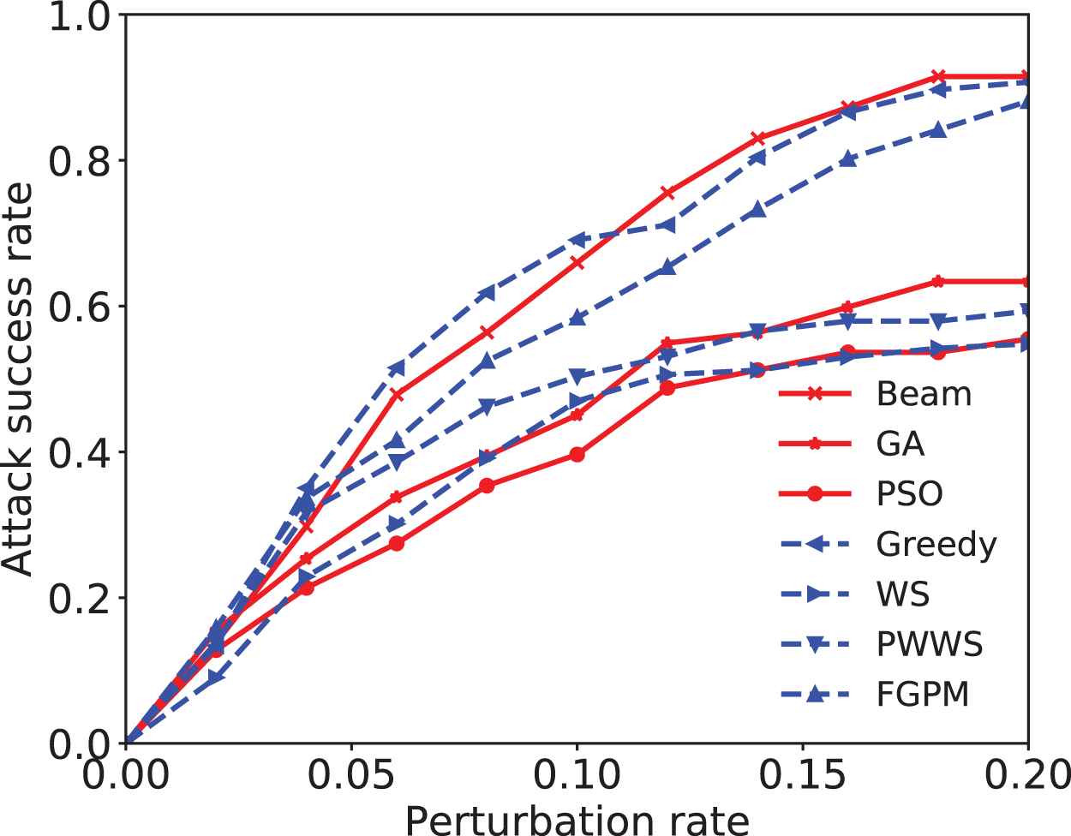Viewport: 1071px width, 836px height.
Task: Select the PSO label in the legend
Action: pos(909,494)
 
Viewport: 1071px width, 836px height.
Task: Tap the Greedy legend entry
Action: pos(936,544)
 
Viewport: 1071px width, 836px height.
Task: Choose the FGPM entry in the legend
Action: pos(923,695)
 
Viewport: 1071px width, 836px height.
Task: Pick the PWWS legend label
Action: pos(930,644)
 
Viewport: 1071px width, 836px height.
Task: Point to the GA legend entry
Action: pos(900,444)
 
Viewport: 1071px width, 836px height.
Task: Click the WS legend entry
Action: pos(903,594)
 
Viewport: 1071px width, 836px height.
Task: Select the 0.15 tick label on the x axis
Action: pos(802,776)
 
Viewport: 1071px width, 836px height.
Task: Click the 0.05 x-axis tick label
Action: pos(351,776)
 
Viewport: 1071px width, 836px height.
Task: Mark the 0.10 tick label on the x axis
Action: pos(577,776)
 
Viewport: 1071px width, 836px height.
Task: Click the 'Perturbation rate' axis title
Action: pos(577,819)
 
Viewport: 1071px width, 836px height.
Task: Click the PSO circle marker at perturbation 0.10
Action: pos(577,454)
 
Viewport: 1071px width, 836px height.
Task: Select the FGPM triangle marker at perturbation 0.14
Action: pos(757,211)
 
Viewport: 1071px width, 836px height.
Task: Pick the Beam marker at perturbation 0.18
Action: pos(938,77)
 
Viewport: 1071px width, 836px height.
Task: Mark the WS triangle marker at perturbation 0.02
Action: pos(216,677)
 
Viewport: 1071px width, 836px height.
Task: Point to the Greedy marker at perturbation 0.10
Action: pos(577,239)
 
